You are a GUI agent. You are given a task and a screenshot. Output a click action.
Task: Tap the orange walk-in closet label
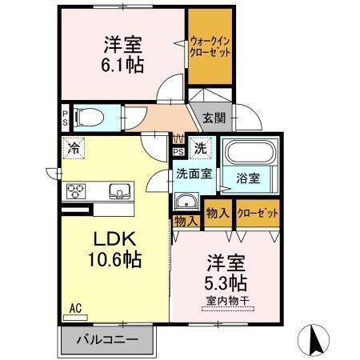click(210, 46)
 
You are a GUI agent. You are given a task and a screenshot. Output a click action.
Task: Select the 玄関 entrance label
click(213, 118)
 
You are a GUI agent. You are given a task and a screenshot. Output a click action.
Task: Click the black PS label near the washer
click(178, 150)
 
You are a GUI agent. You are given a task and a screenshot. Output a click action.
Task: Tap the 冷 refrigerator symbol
click(74, 147)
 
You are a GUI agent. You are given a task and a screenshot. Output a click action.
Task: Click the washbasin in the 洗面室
click(186, 201)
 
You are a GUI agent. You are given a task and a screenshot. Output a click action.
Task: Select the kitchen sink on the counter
click(118, 190)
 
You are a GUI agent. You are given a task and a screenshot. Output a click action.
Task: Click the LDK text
click(115, 241)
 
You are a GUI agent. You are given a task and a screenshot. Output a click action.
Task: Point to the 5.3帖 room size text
click(227, 282)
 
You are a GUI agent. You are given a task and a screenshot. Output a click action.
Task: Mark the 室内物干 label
click(227, 301)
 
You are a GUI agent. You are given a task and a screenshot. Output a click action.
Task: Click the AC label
click(75, 307)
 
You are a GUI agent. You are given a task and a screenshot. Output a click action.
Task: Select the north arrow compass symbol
click(314, 340)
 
